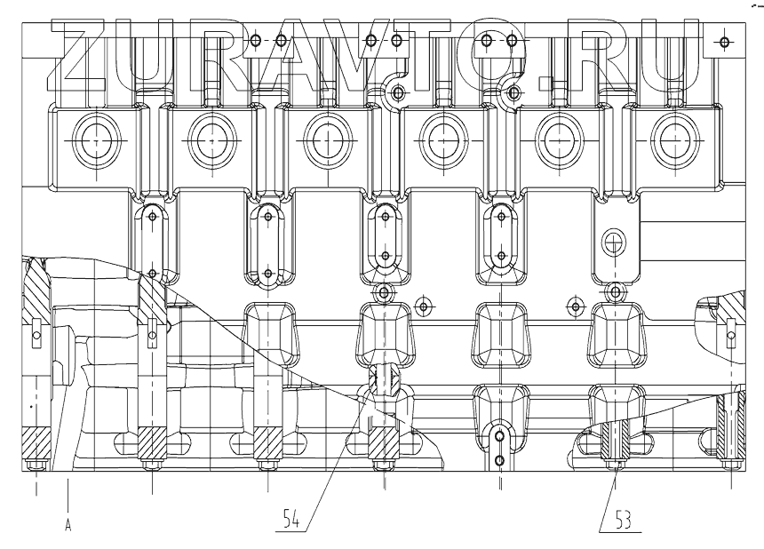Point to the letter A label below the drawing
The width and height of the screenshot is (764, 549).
pos(68,525)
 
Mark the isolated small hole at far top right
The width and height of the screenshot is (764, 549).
pos(724,41)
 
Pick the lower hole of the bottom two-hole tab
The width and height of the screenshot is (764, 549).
pos(500,459)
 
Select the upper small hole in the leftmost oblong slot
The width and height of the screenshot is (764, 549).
pos(153,216)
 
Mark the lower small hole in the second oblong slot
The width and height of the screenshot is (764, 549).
pos(267,273)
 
